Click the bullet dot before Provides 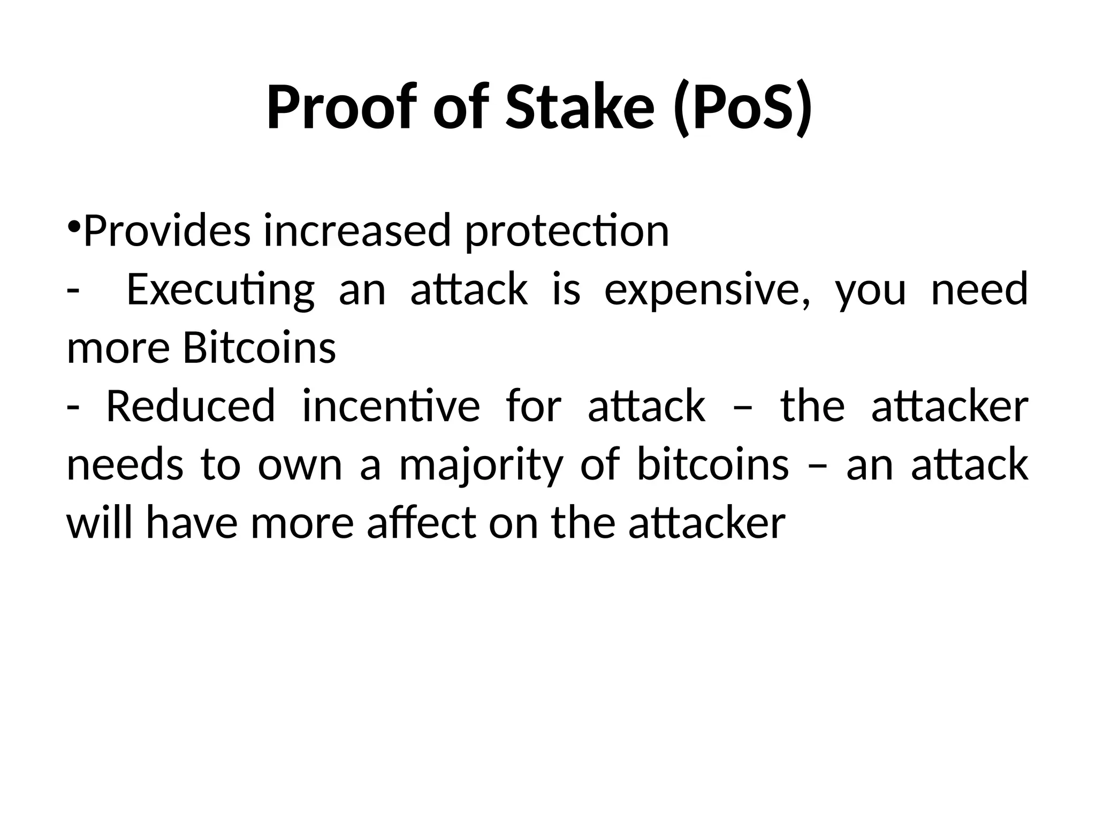pyautogui.click(x=74, y=224)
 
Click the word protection pyautogui.click(x=567, y=231)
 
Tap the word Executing pyautogui.click(x=220, y=290)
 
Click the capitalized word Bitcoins pyautogui.click(x=260, y=348)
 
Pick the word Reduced pyautogui.click(x=191, y=406)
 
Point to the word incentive pyautogui.click(x=391, y=406)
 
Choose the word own pyautogui.click(x=300, y=465)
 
